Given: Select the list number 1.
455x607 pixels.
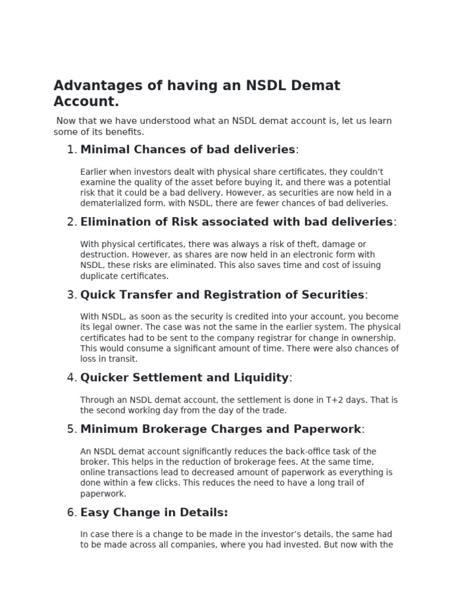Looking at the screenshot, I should click(x=72, y=149).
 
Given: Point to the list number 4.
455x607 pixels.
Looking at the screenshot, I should click(x=72, y=378).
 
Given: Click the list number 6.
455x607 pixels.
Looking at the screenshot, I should click(x=72, y=513).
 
